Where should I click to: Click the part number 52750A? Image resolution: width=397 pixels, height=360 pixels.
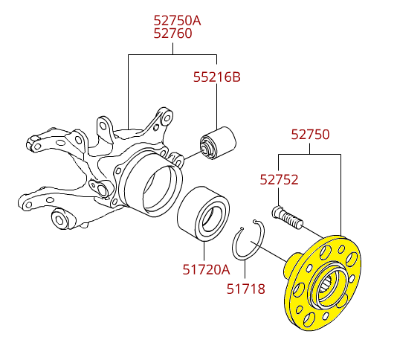coord(177,20)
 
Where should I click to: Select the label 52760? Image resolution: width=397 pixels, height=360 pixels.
coord(173,33)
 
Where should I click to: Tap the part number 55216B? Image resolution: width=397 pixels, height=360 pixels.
coord(217,77)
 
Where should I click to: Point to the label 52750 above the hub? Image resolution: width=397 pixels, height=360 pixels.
coord(310,135)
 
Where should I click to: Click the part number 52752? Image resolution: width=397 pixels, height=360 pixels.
coord(279,179)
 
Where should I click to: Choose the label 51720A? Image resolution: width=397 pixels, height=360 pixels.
coord(207,269)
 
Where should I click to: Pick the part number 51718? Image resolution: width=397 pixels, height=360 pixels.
coord(245,289)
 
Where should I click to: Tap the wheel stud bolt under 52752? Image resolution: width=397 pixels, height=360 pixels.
coord(288,218)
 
